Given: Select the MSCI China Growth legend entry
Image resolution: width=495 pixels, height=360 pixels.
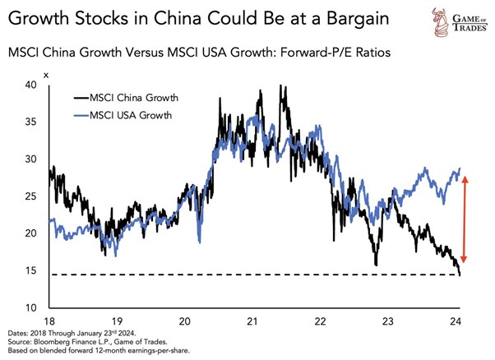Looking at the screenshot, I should pos(144,98).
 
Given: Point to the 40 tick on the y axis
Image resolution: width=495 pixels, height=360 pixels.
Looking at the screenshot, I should pos(31,85).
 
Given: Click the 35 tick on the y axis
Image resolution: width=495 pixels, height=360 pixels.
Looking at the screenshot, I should pos(31,122).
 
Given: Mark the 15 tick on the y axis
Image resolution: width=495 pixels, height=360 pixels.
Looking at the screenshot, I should pos(31,270).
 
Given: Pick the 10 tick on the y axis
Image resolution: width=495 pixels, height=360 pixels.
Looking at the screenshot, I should pos(31,307).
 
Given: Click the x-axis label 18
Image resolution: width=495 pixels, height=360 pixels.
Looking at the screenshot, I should pos(49,321).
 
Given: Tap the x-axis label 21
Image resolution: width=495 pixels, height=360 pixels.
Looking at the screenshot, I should pos(252,321).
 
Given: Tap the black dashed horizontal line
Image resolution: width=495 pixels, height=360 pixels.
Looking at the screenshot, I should pos(247,275).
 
